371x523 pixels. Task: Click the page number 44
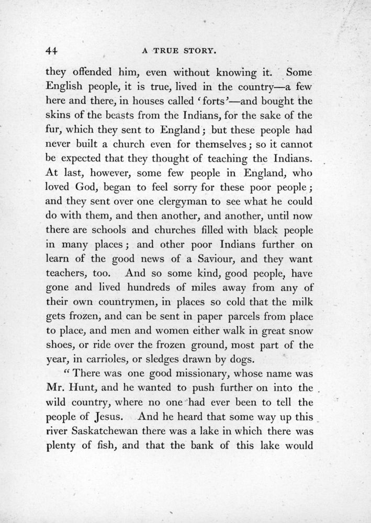click(50, 51)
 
